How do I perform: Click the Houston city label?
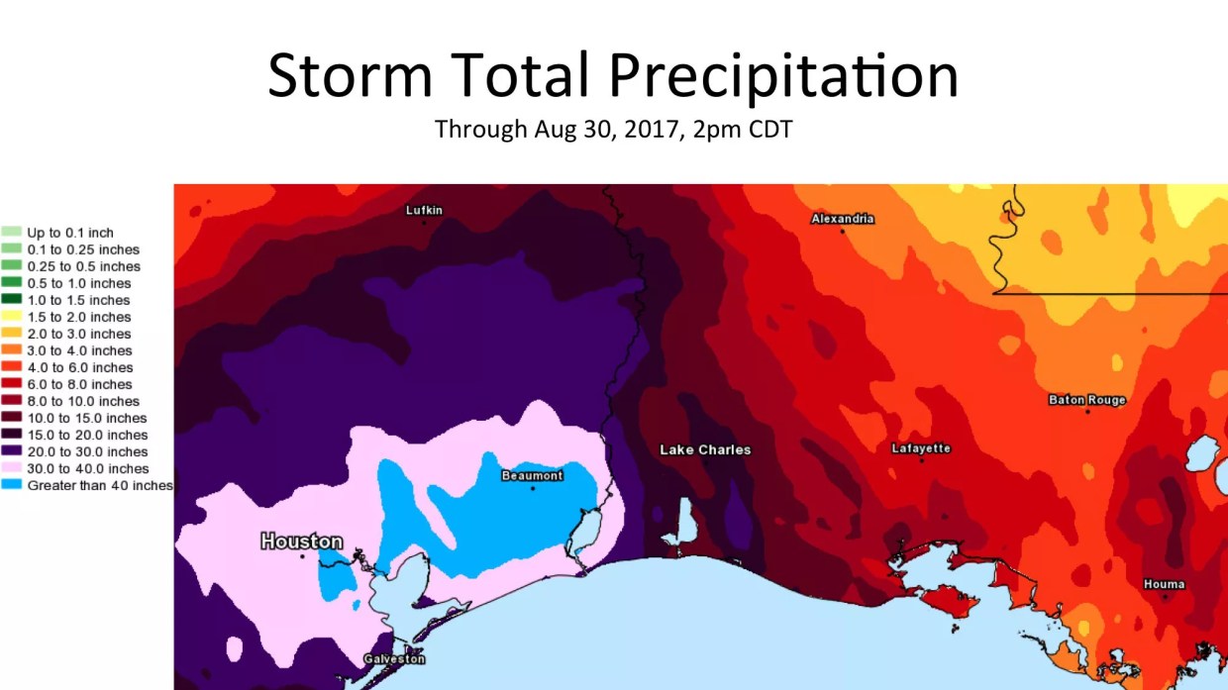[x=301, y=542]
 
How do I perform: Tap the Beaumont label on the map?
[x=532, y=475]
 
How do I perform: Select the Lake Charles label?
[x=705, y=450]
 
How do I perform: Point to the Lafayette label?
[x=921, y=448]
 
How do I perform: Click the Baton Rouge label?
[x=1086, y=400]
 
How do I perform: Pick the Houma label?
[x=1164, y=584]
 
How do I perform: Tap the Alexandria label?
[x=842, y=219]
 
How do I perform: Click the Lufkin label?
[x=424, y=210]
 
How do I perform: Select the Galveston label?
[x=393, y=659]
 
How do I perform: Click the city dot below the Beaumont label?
[x=533, y=488]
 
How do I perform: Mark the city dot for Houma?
[x=1165, y=596]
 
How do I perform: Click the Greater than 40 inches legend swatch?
[x=12, y=485]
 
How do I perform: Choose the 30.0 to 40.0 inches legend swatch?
[x=12, y=468]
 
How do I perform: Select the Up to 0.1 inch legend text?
[x=70, y=233]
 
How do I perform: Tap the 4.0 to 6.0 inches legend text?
[x=80, y=367]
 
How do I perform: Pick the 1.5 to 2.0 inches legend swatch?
[x=12, y=317]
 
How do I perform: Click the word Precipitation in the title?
[x=782, y=75]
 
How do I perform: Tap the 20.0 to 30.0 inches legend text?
[x=87, y=451]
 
